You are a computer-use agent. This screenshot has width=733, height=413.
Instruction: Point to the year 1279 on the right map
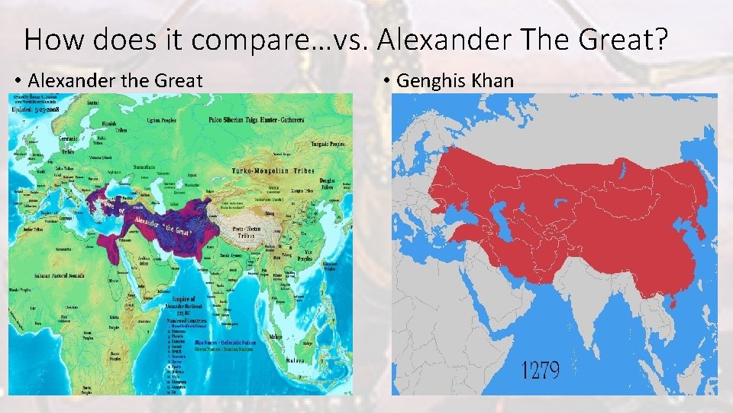540,372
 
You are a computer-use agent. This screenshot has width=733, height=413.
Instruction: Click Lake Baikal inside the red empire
622,167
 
